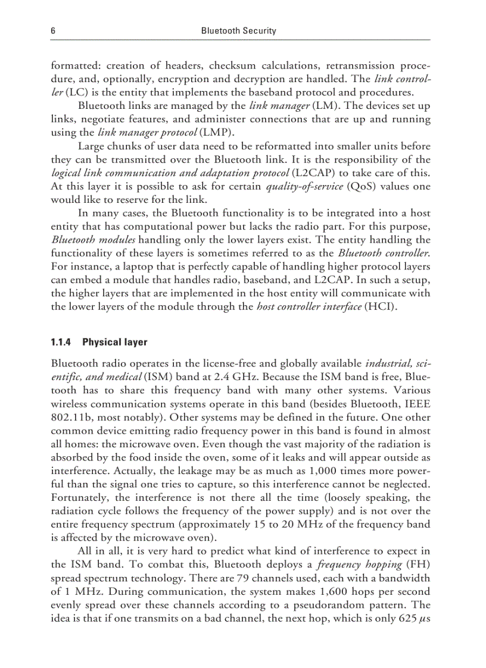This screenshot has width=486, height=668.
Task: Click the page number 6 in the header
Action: tap(53, 30)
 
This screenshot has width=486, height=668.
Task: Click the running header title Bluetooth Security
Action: tap(239, 30)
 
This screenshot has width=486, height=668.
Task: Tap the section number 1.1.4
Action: tap(61, 342)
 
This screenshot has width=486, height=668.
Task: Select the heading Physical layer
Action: tap(114, 342)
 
